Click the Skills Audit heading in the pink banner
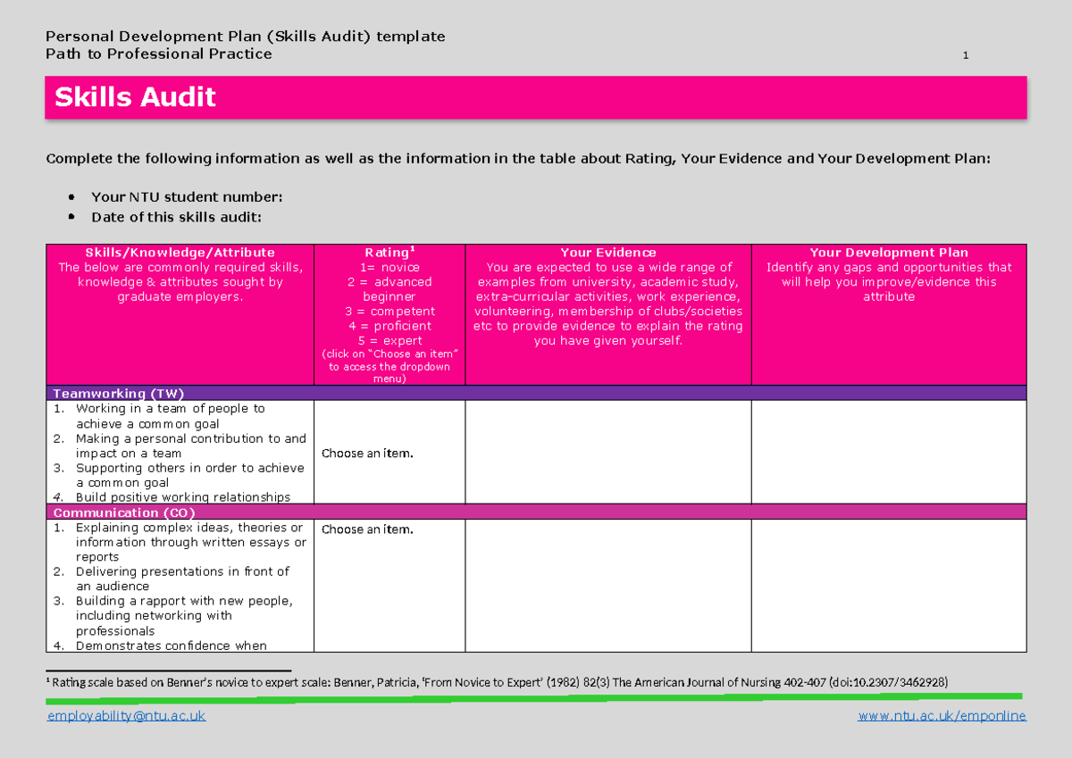[x=135, y=97]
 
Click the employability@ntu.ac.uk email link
[x=126, y=716]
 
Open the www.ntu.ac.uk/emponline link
[x=942, y=716]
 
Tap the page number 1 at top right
[x=966, y=56]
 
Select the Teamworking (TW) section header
[x=119, y=394]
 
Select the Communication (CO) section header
[x=123, y=513]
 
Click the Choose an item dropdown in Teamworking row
[x=367, y=454]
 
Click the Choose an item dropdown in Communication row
[x=367, y=529]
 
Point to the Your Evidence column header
[x=607, y=253]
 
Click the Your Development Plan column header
[x=888, y=253]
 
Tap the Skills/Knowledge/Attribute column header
[x=180, y=253]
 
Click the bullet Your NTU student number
[x=187, y=197]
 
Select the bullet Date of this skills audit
[x=177, y=217]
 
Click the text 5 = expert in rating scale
[x=389, y=340]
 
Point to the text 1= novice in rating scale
[x=389, y=267]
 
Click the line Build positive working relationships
[x=182, y=497]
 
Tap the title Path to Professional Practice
[x=159, y=54]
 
